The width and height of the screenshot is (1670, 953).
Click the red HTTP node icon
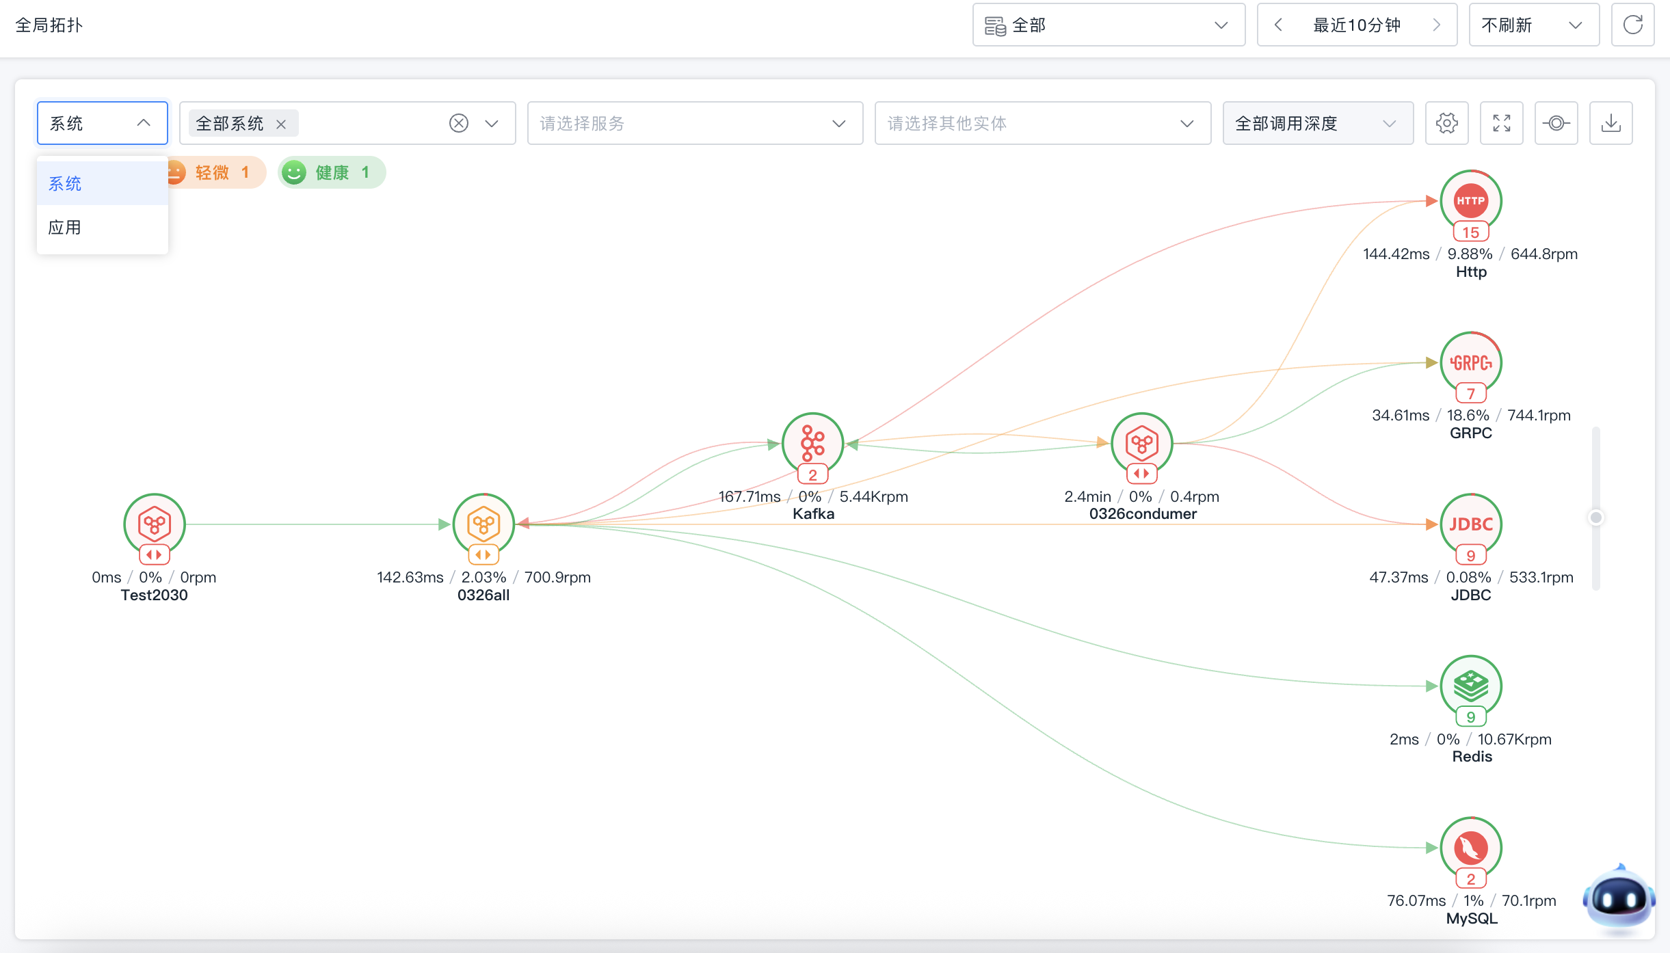click(x=1470, y=200)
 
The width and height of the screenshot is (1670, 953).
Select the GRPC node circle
click(x=1470, y=362)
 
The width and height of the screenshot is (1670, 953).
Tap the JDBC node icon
click(x=1470, y=524)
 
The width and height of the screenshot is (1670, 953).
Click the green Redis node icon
click(x=1470, y=686)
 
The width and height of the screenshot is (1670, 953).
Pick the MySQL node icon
click(x=1470, y=848)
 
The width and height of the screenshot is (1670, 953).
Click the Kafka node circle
click(x=812, y=443)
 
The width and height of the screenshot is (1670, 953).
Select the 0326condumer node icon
click(x=1141, y=443)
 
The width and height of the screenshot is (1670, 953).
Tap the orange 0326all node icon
click(x=483, y=524)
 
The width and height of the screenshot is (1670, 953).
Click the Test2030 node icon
click(x=155, y=524)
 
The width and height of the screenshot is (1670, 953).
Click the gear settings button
click(x=1446, y=123)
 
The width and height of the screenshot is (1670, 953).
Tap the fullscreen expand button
click(x=1501, y=123)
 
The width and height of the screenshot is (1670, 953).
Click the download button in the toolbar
click(x=1611, y=123)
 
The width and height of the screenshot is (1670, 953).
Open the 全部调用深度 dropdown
click(x=1318, y=123)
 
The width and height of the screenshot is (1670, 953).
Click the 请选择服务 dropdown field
click(x=695, y=123)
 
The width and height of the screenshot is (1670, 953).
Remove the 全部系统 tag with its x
click(x=281, y=124)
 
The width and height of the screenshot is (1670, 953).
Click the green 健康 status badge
click(x=332, y=172)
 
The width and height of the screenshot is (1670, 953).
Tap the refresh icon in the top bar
click(x=1632, y=25)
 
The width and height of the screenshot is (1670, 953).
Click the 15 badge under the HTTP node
click(x=1470, y=232)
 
